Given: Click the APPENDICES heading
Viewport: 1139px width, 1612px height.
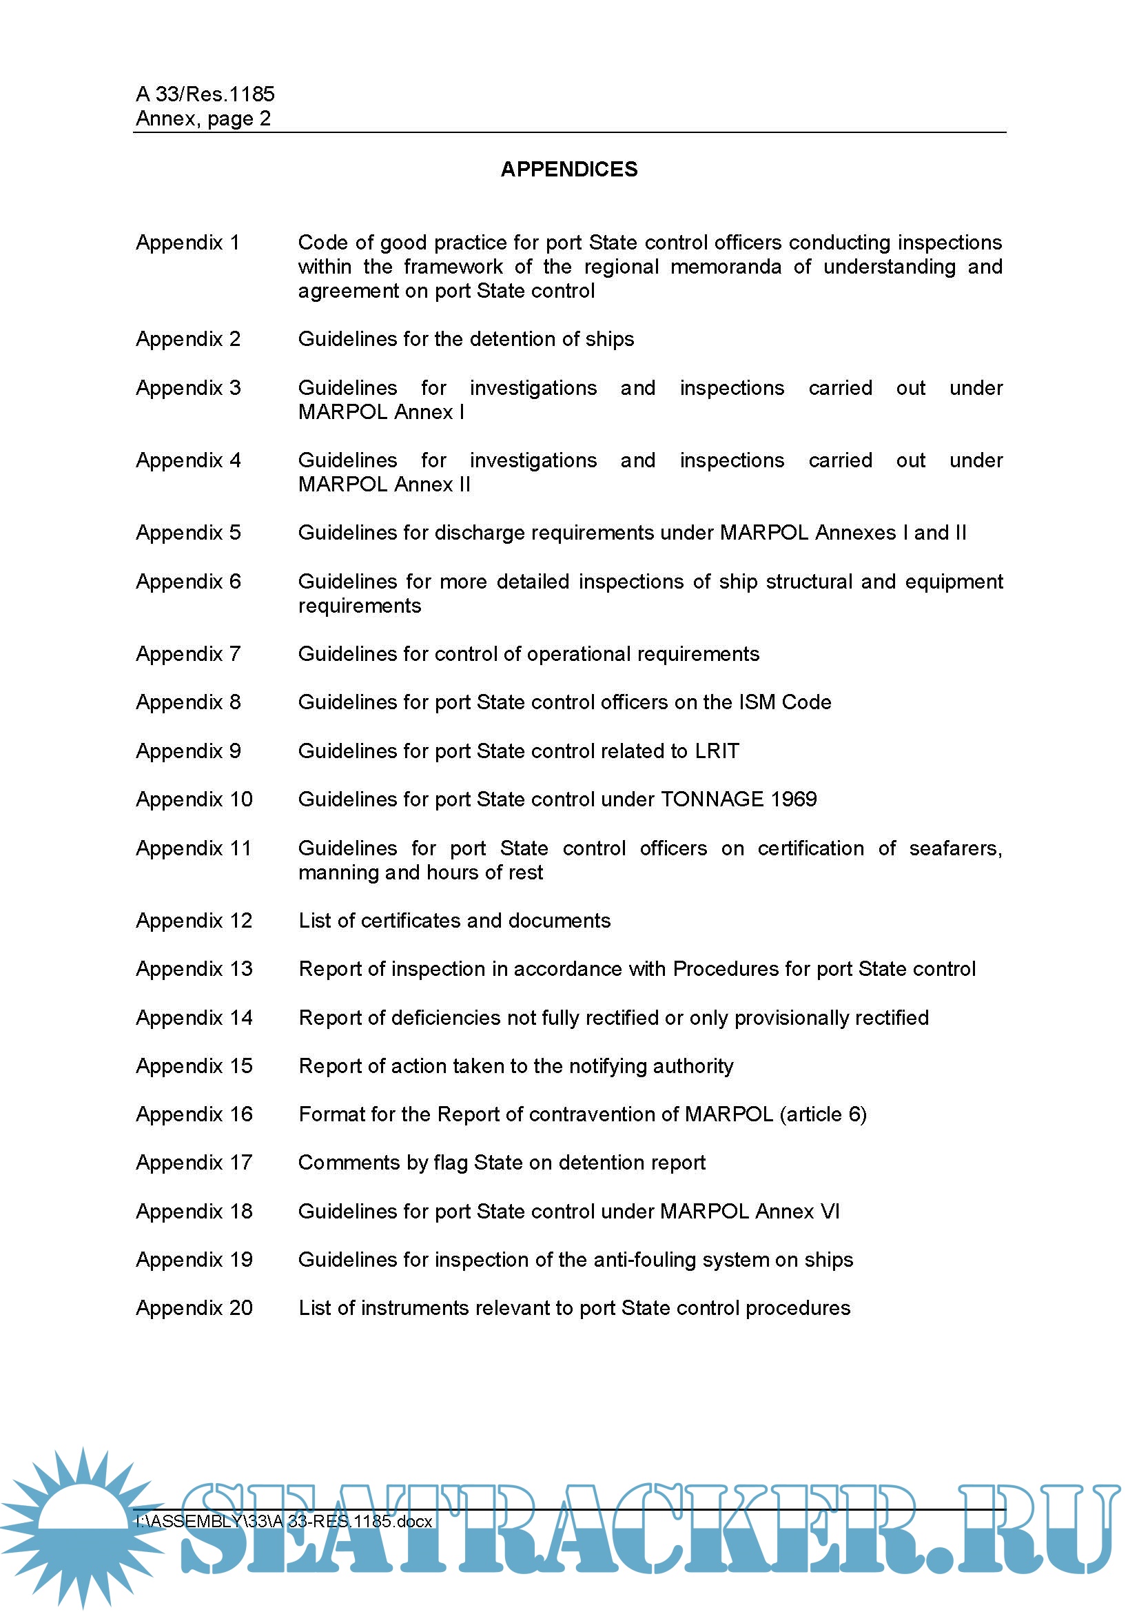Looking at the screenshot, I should pyautogui.click(x=568, y=170).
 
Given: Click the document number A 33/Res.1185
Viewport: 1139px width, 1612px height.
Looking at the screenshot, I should pyautogui.click(x=205, y=94).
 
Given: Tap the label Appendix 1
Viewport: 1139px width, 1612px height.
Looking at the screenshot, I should pyautogui.click(x=187, y=242).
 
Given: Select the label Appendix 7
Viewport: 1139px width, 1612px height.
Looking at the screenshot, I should pyautogui.click(x=188, y=653).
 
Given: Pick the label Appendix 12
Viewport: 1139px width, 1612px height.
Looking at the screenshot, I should pyautogui.click(x=194, y=921).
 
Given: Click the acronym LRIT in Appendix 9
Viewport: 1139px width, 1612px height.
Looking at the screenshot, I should pyautogui.click(x=717, y=751).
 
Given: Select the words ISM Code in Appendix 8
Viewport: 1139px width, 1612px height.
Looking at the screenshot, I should pyautogui.click(x=785, y=702).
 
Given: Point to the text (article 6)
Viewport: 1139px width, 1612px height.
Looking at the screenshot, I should pyautogui.click(x=823, y=1114).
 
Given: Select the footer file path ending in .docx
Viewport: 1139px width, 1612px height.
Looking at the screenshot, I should pyautogui.click(x=283, y=1522).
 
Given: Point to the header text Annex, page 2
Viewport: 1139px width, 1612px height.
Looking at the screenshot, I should pyautogui.click(x=203, y=119).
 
